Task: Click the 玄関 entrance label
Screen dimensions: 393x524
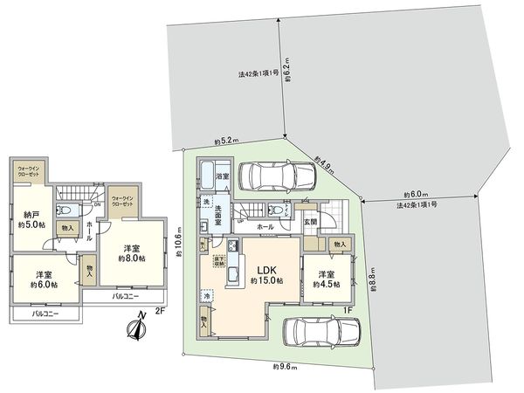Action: pyautogui.click(x=310, y=222)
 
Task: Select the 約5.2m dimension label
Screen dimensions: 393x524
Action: pyautogui.click(x=226, y=141)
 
